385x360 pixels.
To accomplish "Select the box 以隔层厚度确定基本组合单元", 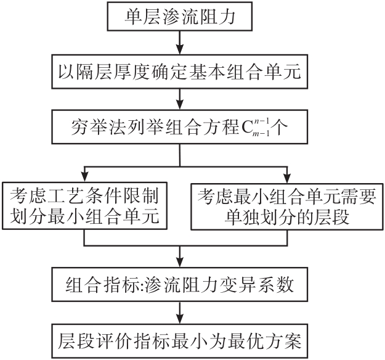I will pyautogui.click(x=179, y=72).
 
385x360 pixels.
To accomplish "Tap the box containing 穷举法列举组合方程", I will pyautogui.click(x=179, y=128).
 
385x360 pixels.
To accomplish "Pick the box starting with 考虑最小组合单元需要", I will pyautogui.click(x=286, y=207).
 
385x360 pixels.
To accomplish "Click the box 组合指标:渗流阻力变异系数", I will pyautogui.click(x=179, y=286).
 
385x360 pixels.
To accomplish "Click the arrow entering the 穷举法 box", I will pyautogui.click(x=179, y=100).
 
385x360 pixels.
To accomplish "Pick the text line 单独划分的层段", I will pyautogui.click(x=286, y=218).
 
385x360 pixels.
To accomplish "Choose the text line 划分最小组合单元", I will pyautogui.click(x=84, y=218).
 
